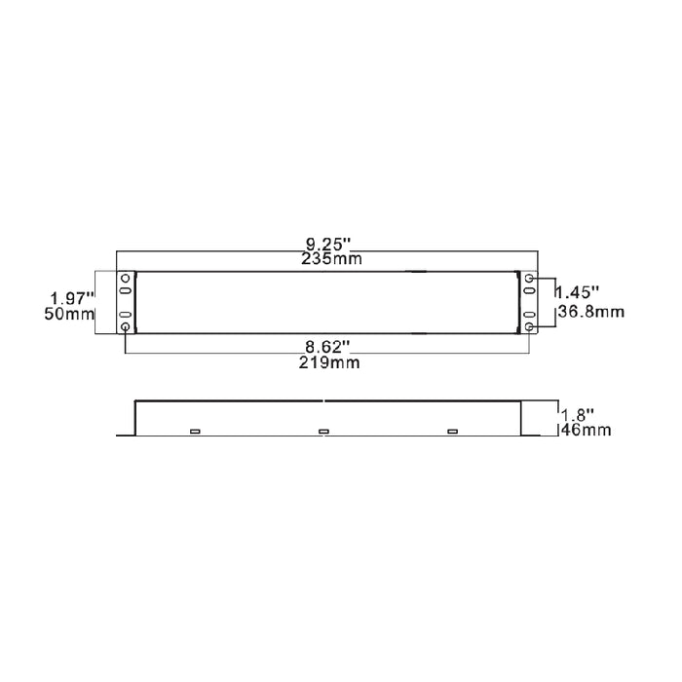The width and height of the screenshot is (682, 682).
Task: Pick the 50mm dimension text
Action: coord(70,314)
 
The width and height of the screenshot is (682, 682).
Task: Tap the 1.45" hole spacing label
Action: coord(579,291)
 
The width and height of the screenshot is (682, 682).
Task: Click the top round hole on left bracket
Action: coord(126,280)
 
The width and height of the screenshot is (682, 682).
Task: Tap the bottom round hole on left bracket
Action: coord(126,328)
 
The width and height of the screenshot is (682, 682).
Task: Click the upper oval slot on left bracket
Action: coord(126,292)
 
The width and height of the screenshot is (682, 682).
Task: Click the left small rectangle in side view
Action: coord(195,432)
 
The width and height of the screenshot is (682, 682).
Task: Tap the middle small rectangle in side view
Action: coord(324,432)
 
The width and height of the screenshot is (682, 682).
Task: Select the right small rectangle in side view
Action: coord(452,432)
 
